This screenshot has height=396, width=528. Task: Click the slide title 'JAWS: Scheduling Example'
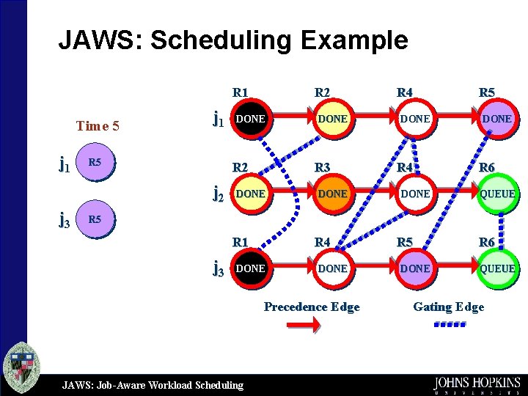(x=232, y=40)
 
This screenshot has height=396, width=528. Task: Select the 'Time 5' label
(x=98, y=125)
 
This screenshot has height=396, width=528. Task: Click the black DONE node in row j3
(x=251, y=268)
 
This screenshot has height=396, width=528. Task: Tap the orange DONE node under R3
(x=333, y=194)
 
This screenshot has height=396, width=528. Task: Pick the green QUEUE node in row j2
(x=497, y=194)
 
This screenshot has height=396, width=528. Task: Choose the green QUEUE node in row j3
(x=497, y=268)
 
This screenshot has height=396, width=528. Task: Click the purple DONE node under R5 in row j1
(x=497, y=119)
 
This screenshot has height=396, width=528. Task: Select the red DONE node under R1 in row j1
(x=251, y=119)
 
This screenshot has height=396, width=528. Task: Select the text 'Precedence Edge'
(x=312, y=307)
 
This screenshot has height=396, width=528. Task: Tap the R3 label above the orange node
(x=323, y=168)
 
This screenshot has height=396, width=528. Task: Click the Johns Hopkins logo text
(x=477, y=383)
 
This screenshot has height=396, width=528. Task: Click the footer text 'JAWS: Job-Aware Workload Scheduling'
(x=153, y=384)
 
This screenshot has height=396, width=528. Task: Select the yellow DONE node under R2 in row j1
(x=333, y=119)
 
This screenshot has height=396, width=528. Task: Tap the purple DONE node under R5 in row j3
(x=415, y=268)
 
